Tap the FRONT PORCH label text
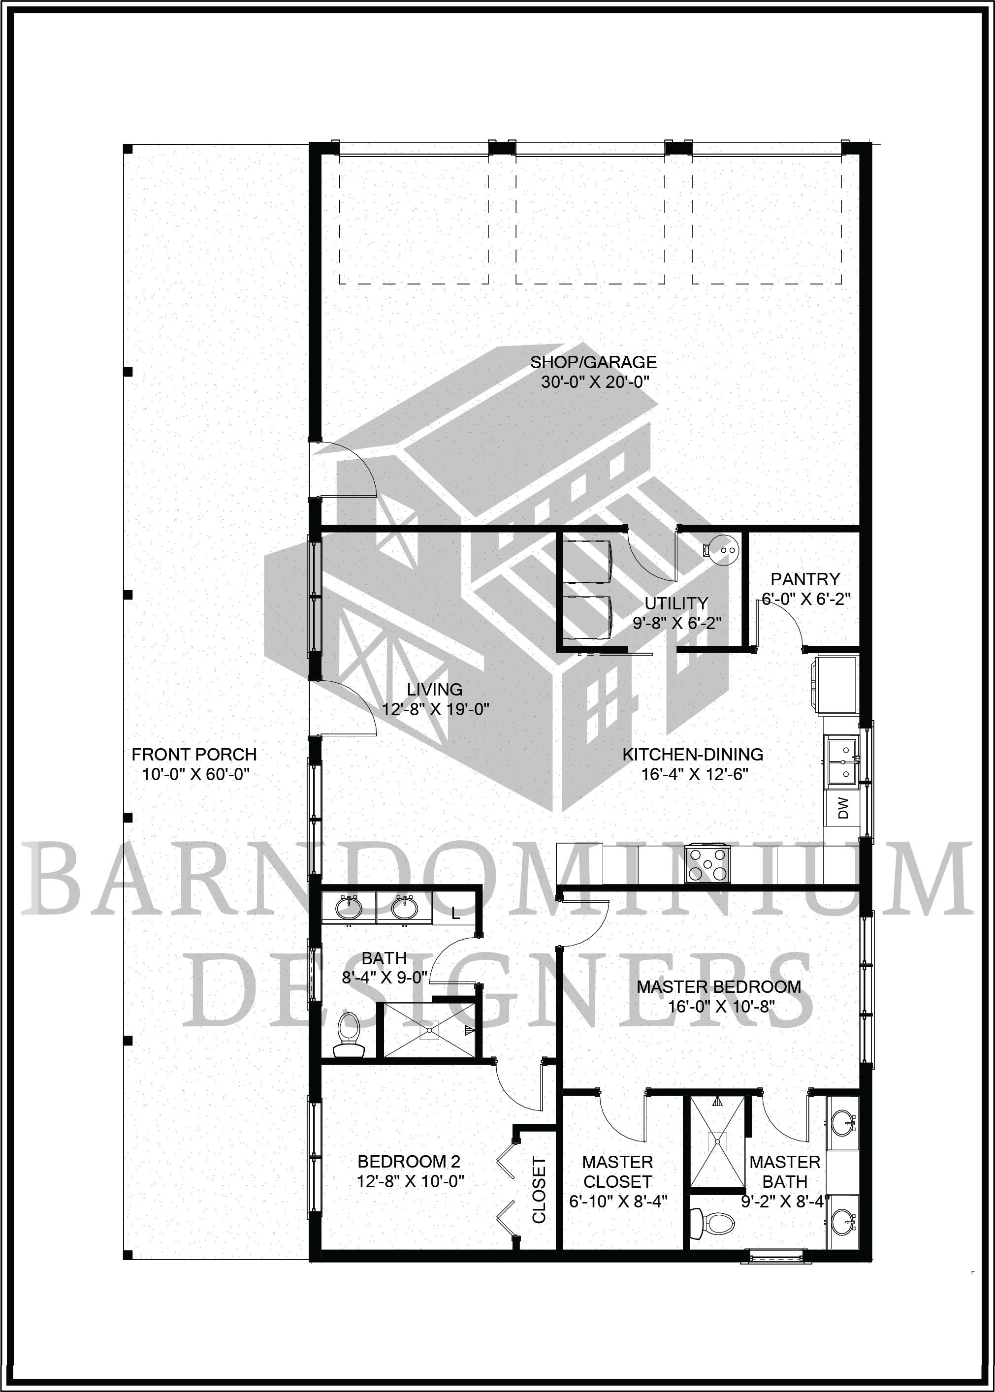[x=194, y=755]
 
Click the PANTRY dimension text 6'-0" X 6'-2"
[x=805, y=599]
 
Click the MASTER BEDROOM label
[x=719, y=986]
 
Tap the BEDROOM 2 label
[x=409, y=1161]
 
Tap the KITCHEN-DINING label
[x=693, y=755]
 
